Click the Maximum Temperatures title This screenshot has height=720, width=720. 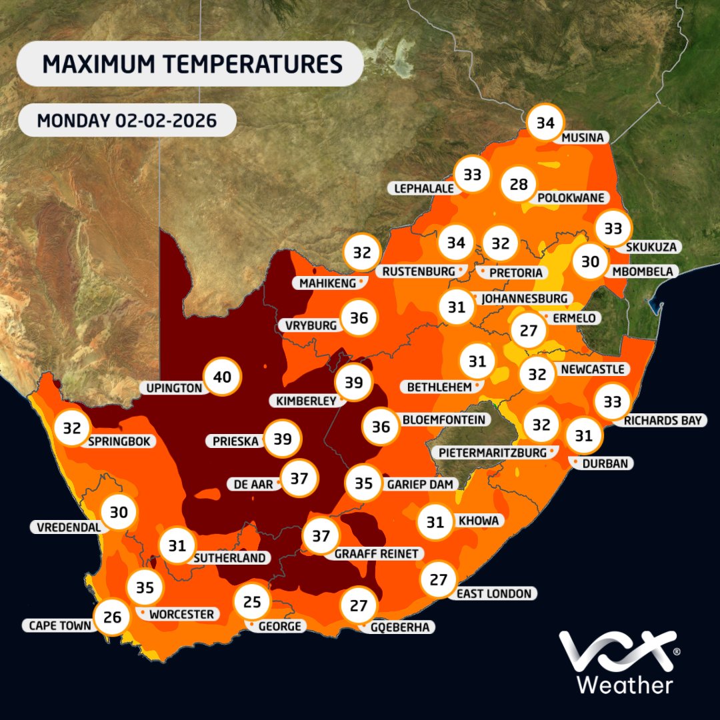pyautogui.click(x=192, y=65)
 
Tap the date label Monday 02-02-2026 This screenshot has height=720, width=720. pyautogui.click(x=127, y=121)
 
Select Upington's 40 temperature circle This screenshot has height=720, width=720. pyautogui.click(x=222, y=377)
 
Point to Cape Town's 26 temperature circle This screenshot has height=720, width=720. pyautogui.click(x=112, y=617)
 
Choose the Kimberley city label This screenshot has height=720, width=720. pyautogui.click(x=307, y=401)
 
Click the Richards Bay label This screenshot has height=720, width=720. pyautogui.click(x=663, y=421)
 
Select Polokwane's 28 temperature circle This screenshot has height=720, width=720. pyautogui.click(x=519, y=184)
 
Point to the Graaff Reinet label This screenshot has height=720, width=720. pyautogui.click(x=376, y=554)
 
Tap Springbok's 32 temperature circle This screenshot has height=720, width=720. pyautogui.click(x=72, y=429)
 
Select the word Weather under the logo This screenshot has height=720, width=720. pyautogui.click(x=625, y=685)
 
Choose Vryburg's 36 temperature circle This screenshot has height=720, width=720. pyautogui.click(x=359, y=318)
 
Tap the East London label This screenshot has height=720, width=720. pyautogui.click(x=494, y=594)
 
